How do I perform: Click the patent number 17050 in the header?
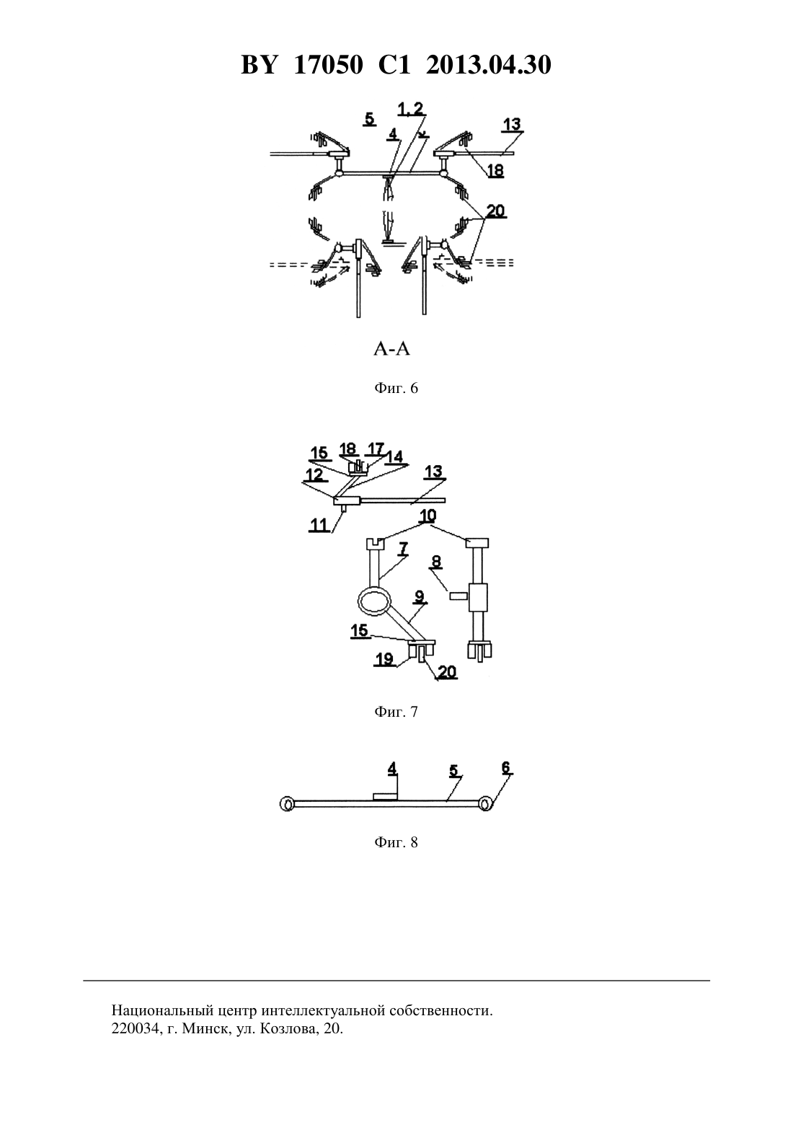click(x=329, y=65)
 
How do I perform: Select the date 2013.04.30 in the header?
click(x=489, y=65)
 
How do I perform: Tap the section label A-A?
click(x=391, y=349)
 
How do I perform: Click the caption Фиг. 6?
click(x=396, y=388)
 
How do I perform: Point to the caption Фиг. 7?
click(x=396, y=712)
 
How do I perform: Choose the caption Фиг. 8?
click(x=396, y=842)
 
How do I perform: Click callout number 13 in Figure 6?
click(x=512, y=124)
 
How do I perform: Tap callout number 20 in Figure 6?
click(x=496, y=211)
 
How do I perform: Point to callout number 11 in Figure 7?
click(x=319, y=524)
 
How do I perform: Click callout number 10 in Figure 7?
click(x=427, y=516)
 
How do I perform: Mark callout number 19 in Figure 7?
click(x=384, y=659)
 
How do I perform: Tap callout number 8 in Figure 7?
click(x=436, y=562)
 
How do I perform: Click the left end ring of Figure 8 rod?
click(x=287, y=805)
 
